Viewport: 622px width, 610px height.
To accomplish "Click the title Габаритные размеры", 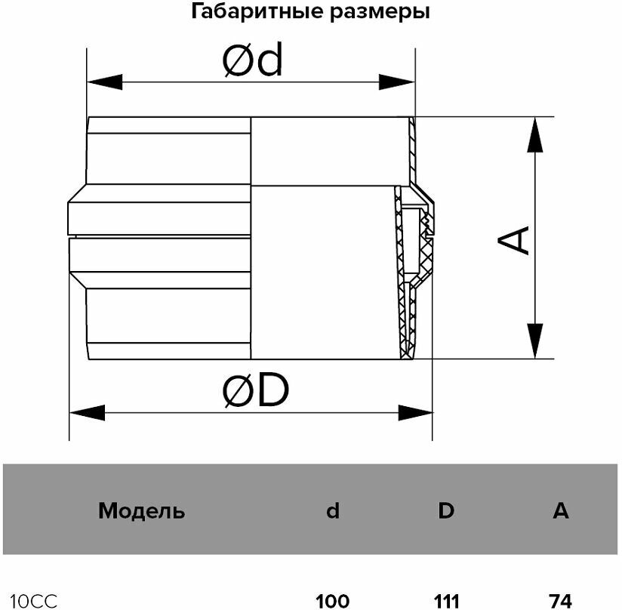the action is (x=311, y=12).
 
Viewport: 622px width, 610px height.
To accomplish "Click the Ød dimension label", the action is (x=252, y=62).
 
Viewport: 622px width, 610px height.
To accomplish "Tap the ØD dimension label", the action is (x=256, y=391).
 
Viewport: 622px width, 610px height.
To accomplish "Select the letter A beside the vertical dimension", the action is (x=514, y=241).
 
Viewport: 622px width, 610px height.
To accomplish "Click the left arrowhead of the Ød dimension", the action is (x=104, y=82).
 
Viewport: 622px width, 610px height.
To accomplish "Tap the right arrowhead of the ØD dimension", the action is (x=415, y=412).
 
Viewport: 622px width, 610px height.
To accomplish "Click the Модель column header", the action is (x=141, y=511).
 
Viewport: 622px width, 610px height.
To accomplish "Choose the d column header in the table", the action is (x=332, y=511).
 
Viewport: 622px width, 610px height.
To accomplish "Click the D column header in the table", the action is (x=446, y=511).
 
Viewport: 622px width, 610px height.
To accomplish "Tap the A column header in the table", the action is (x=560, y=511).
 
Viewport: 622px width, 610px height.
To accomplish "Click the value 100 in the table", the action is (x=332, y=601).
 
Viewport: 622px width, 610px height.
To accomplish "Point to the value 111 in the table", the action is (x=446, y=601).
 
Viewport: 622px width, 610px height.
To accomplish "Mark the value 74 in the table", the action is (x=560, y=601).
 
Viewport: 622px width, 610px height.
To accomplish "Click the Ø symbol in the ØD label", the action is (x=239, y=392).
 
